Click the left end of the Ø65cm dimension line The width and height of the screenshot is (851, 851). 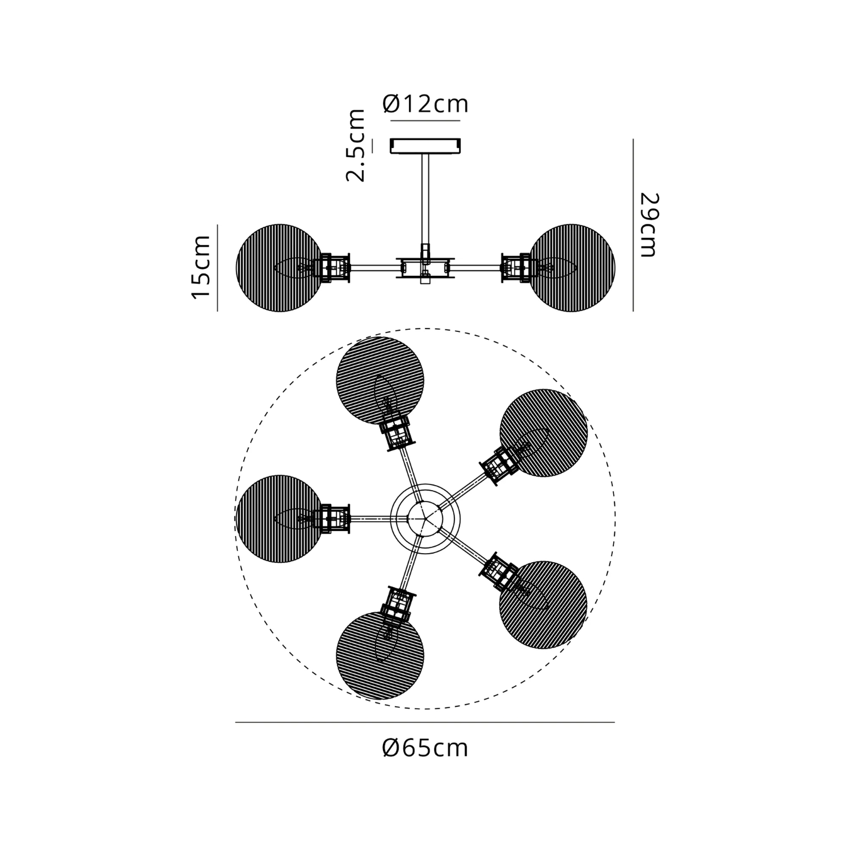pyautogui.click(x=236, y=722)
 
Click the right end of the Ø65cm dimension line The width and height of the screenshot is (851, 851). pyautogui.click(x=615, y=722)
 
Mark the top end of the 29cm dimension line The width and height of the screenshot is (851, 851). pyautogui.click(x=633, y=139)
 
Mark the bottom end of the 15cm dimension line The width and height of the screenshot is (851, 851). pyautogui.click(x=218, y=311)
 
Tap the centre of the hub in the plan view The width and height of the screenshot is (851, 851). pyautogui.click(x=425, y=519)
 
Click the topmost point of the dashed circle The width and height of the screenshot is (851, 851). pyautogui.click(x=425, y=328)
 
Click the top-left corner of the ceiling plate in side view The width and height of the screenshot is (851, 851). pyautogui.click(x=390, y=139)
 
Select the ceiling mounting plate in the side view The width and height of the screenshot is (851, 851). pyautogui.click(x=425, y=146)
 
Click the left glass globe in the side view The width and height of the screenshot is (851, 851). pyautogui.click(x=279, y=268)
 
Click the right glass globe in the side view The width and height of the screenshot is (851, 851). pyautogui.click(x=572, y=268)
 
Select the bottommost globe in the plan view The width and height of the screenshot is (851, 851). pyautogui.click(x=380, y=656)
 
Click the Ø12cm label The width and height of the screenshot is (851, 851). pyautogui.click(x=425, y=104)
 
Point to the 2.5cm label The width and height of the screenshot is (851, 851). pyautogui.click(x=356, y=145)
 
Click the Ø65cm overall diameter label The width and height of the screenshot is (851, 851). pyautogui.click(x=425, y=748)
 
